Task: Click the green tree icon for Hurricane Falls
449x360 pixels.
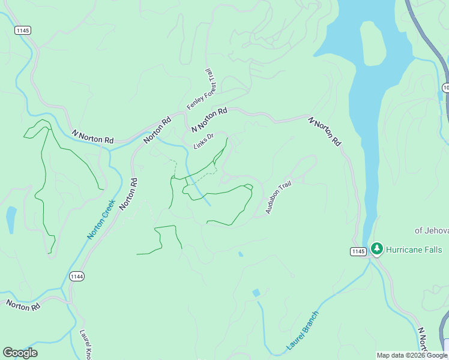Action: tap(377, 248)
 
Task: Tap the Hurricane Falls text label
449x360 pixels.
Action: tap(414, 250)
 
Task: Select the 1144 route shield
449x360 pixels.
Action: tap(77, 276)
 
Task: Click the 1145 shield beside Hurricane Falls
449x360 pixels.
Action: tap(358, 251)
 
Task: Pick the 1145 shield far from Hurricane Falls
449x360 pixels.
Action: tap(23, 30)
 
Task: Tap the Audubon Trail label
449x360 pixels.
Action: tap(279, 197)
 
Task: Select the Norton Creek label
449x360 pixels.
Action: tap(100, 219)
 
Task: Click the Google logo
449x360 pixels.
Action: tap(20, 353)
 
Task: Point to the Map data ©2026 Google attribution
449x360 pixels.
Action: tap(412, 355)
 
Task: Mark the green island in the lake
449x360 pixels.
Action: tap(373, 47)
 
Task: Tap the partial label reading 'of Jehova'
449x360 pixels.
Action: tap(431, 230)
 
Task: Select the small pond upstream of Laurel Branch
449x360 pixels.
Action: tap(256, 293)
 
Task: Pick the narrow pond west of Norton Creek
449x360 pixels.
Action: tap(11, 220)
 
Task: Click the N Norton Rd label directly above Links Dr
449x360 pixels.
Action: tap(209, 120)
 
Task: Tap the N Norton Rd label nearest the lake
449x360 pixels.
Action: tap(325, 131)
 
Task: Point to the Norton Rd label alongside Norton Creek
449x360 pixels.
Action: tap(128, 193)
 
